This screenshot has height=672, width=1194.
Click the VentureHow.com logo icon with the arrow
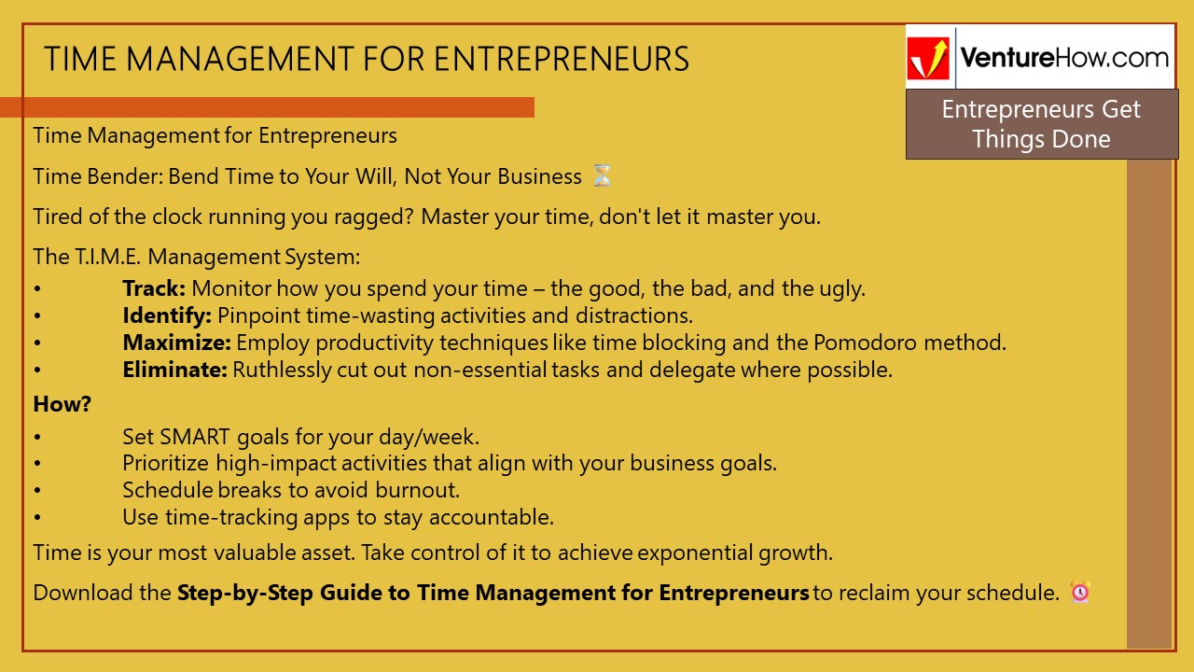coord(929,58)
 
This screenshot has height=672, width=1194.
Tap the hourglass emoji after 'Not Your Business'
coord(603,175)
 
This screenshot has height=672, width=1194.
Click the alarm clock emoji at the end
coord(1080,592)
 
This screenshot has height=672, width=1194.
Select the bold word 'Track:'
coord(154,288)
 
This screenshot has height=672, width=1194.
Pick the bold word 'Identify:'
coord(167,315)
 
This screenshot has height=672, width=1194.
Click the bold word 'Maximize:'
coord(176,343)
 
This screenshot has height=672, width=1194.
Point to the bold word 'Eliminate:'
coord(174,370)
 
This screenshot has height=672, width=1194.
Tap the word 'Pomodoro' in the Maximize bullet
coord(855,343)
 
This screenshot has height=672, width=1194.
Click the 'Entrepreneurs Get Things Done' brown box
coord(1041,124)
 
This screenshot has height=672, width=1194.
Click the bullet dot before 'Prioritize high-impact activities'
coord(37,464)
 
